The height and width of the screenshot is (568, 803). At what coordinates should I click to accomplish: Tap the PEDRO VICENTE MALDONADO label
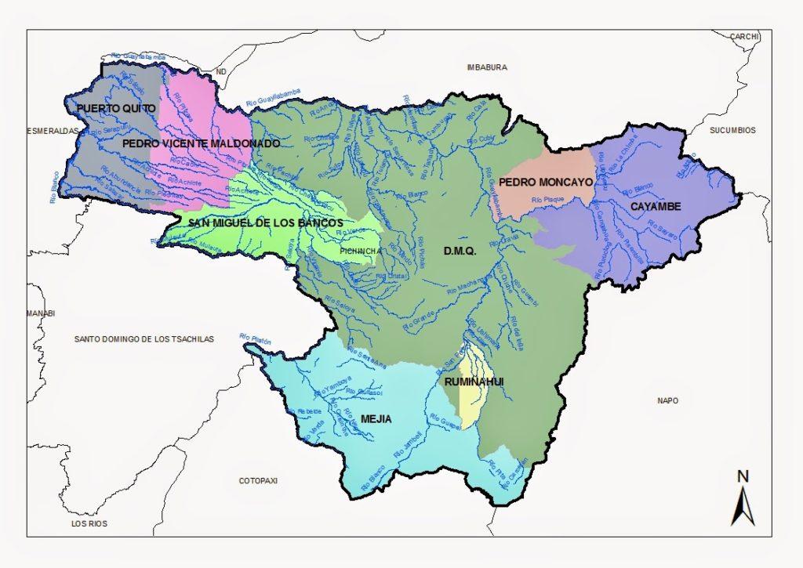click(x=201, y=144)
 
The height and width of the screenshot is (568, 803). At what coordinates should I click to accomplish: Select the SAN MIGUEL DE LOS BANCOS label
click(x=265, y=222)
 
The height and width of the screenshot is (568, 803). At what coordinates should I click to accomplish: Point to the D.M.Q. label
click(x=460, y=251)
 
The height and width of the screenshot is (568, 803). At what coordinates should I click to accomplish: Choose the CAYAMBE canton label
click(x=655, y=206)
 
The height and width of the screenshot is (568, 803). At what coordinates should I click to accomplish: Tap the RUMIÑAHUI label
click(x=473, y=382)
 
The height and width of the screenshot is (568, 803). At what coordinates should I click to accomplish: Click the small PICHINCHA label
click(x=360, y=251)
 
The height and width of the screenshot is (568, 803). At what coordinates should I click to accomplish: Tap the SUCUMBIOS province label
click(x=732, y=130)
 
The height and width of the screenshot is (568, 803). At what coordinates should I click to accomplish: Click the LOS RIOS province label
click(x=89, y=523)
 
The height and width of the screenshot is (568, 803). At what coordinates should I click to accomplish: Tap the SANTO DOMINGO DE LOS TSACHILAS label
click(x=144, y=338)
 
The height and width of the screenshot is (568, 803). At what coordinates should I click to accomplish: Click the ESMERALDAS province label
click(x=53, y=131)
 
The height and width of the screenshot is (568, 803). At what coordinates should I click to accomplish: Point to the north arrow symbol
click(x=743, y=505)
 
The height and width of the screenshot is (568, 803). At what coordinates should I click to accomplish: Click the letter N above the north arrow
click(x=743, y=476)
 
